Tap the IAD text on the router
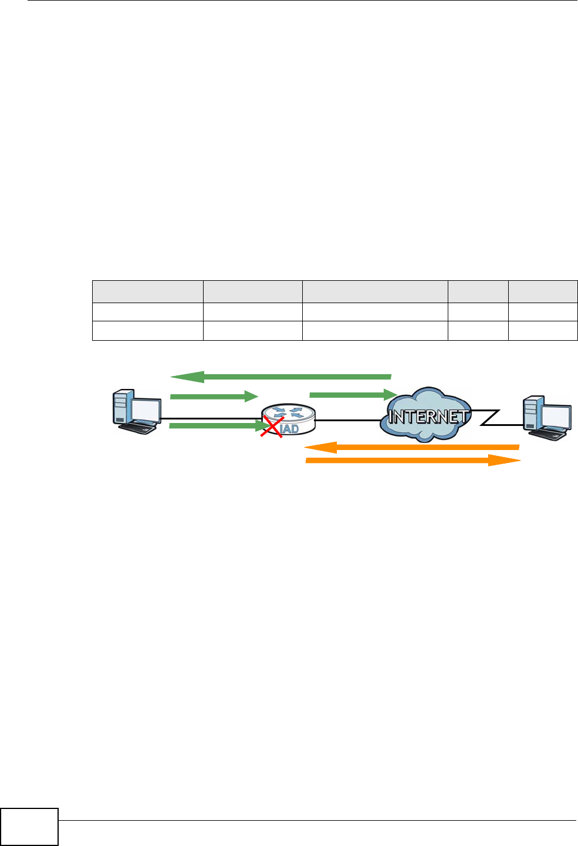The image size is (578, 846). coord(289,429)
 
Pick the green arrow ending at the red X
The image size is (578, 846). coord(217,425)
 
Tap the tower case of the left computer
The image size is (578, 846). coord(121,406)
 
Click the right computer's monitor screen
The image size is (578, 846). coord(556,416)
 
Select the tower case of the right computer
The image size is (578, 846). coord(530,412)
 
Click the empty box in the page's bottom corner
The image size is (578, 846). coord(29,827)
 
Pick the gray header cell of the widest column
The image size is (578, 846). coord(374,291)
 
